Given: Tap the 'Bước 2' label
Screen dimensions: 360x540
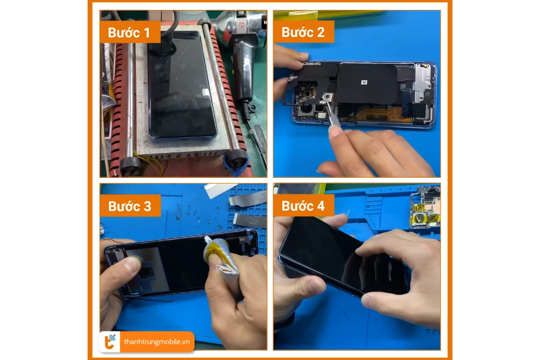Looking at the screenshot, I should coord(303,32).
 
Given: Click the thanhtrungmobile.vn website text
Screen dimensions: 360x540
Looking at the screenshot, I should coord(157,342).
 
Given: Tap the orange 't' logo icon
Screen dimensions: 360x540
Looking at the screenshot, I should coord(110,342).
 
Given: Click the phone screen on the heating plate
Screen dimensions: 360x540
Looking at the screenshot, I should coord(180,85).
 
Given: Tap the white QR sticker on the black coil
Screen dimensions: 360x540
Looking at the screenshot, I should coord(364,83).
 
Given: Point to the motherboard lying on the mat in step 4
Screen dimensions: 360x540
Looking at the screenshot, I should coord(426,207).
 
